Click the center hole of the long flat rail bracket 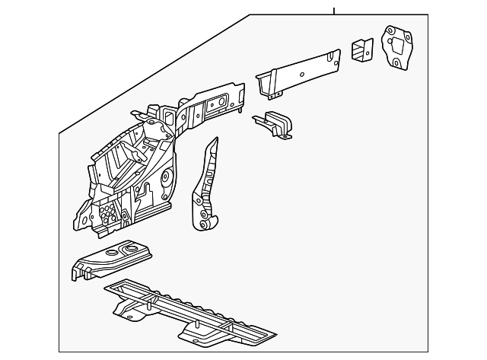(302, 74)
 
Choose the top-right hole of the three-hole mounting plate (408, 40)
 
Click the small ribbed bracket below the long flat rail (275, 123)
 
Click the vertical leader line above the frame (333, 10)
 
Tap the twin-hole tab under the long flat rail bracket (274, 94)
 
